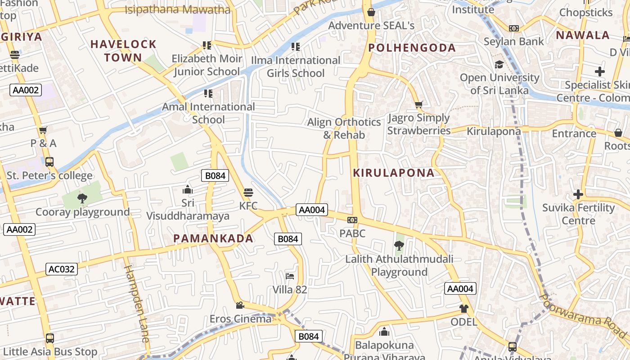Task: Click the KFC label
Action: (x=248, y=206)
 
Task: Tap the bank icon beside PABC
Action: (x=352, y=220)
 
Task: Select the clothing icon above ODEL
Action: (x=464, y=309)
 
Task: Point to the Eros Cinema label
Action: (x=241, y=319)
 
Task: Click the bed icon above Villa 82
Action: (x=290, y=276)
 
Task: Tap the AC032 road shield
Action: (x=62, y=269)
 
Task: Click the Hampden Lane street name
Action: (x=136, y=304)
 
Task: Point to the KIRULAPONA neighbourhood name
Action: (x=394, y=173)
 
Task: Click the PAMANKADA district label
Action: (x=213, y=238)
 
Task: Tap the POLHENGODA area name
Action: (x=412, y=48)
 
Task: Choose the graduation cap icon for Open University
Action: (x=499, y=65)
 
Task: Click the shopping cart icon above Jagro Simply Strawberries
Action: (x=418, y=105)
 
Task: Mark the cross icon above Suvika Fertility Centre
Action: (x=578, y=194)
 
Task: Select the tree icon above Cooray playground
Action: (x=82, y=198)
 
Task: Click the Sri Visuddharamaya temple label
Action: (x=188, y=209)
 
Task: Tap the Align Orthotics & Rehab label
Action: (x=344, y=128)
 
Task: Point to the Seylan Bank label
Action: (x=513, y=41)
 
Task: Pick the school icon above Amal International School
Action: (x=208, y=94)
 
